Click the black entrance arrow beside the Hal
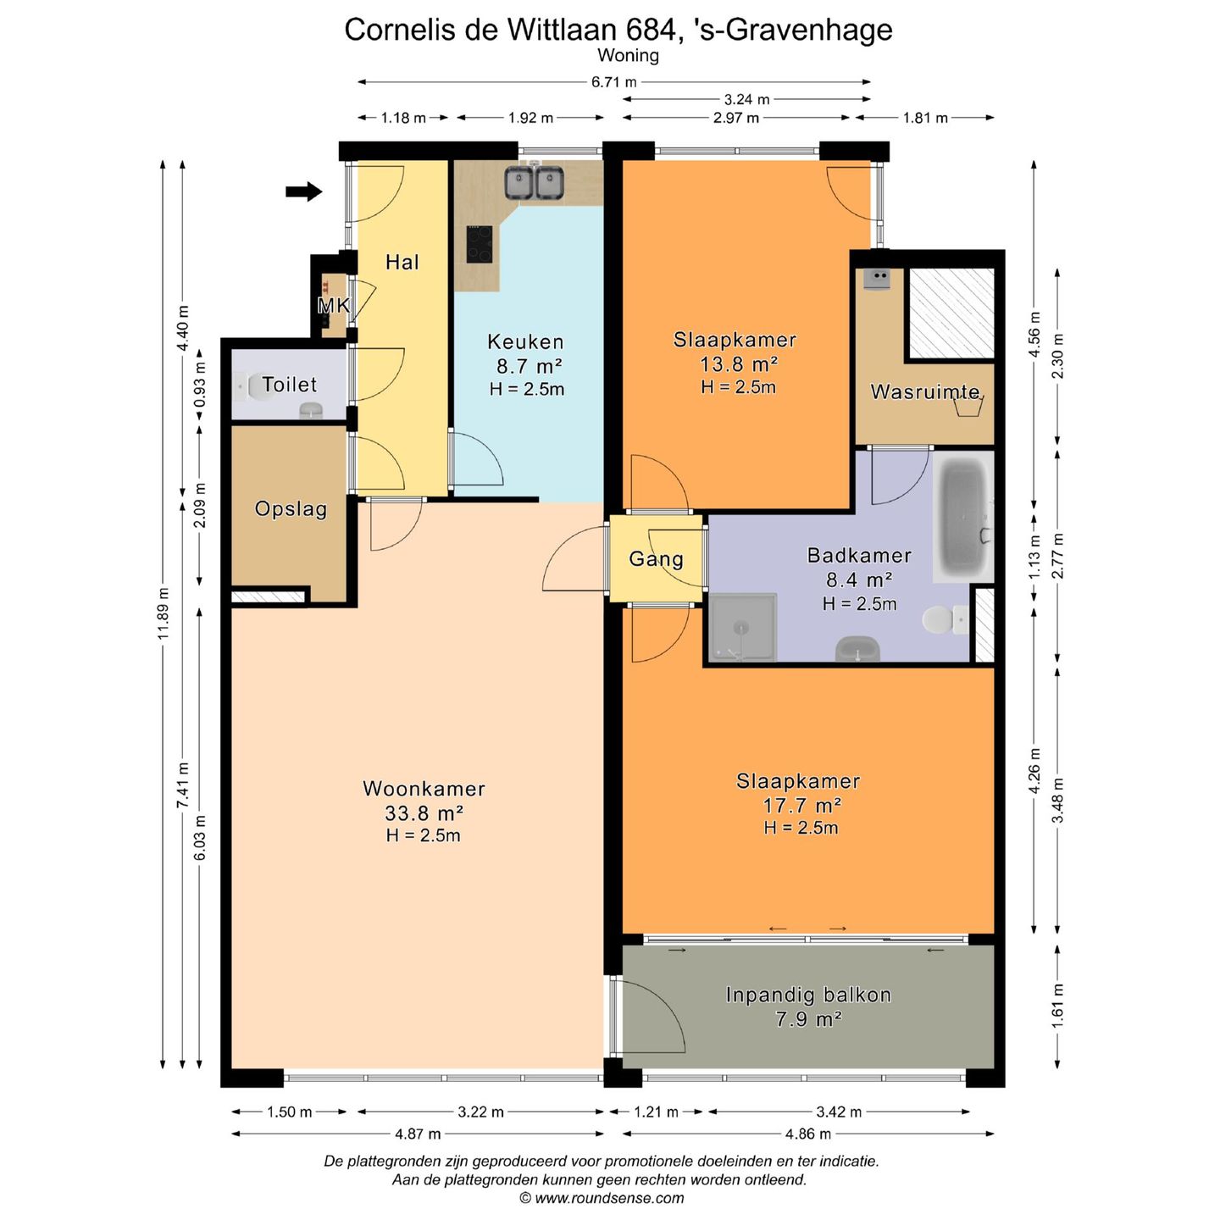point(304,191)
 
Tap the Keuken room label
point(525,342)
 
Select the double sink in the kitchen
point(535,182)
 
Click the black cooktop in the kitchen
point(480,244)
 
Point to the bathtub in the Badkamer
point(963,516)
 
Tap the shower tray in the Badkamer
point(742,628)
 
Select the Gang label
point(656,559)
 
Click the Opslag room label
point(291,509)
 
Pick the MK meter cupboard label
point(333,306)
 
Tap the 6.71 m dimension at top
point(613,81)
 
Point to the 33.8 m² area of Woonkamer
point(424,812)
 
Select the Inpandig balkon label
point(808,995)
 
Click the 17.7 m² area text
point(801,805)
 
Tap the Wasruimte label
point(925,391)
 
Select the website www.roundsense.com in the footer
point(610,1198)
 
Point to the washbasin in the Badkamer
point(857,650)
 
